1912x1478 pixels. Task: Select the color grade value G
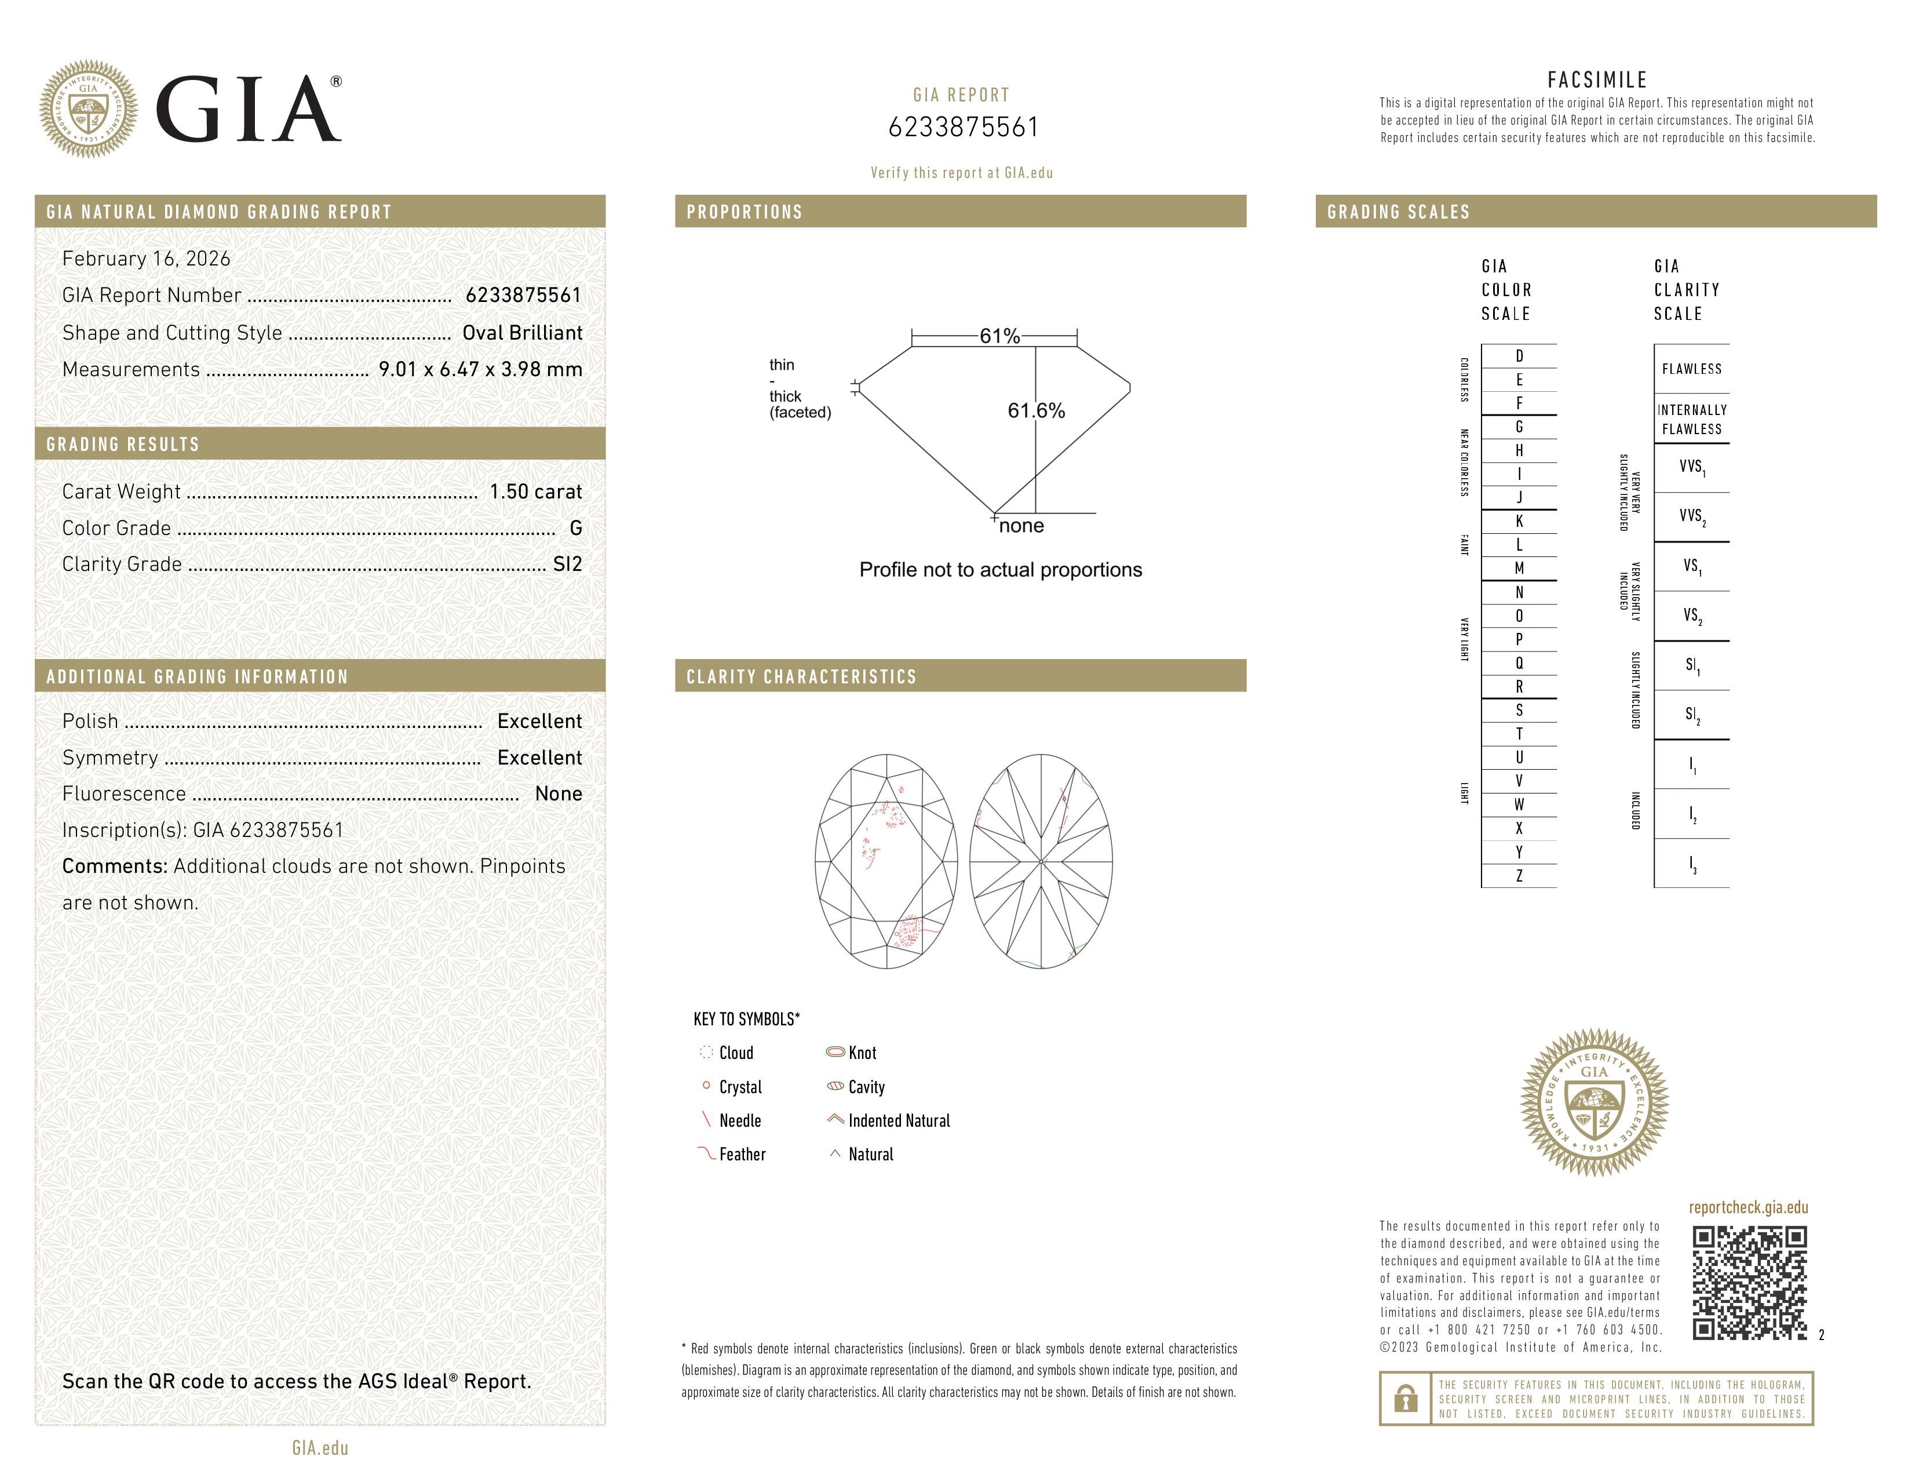click(575, 528)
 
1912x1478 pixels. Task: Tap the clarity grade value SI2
click(567, 564)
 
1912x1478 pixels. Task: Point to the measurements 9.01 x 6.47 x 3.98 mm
click(480, 370)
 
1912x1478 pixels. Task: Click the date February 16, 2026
click(146, 259)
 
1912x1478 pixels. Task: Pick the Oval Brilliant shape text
click(522, 333)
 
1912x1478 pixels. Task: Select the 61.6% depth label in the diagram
click(1036, 411)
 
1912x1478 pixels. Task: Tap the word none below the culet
click(1021, 525)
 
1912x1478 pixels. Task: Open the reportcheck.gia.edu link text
click(1747, 1207)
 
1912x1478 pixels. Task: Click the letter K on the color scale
click(1519, 521)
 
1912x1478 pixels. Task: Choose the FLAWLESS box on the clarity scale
click(1691, 369)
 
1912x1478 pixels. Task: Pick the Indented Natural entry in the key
click(897, 1121)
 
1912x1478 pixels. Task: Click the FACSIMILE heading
click(1597, 79)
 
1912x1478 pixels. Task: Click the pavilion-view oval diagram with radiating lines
click(1041, 861)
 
